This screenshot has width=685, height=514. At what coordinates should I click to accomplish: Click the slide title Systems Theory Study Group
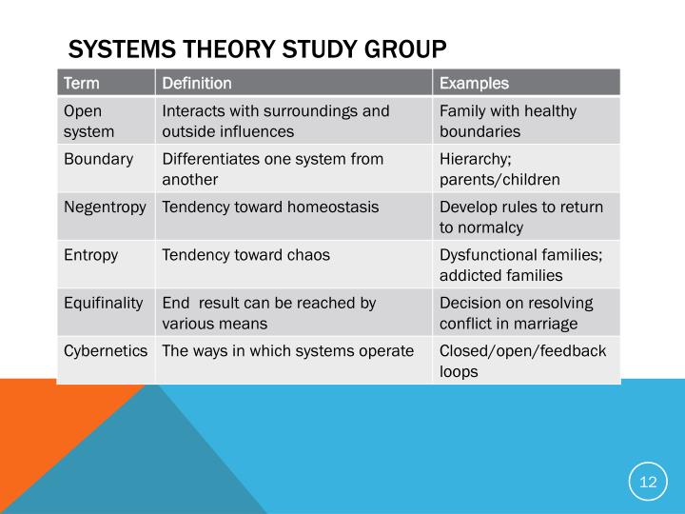pyautogui.click(x=256, y=48)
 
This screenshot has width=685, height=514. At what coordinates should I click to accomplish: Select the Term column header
pyautogui.click(x=82, y=83)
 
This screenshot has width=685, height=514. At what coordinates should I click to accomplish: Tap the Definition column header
pyautogui.click(x=197, y=83)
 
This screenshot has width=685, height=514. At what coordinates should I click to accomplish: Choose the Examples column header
pyautogui.click(x=474, y=83)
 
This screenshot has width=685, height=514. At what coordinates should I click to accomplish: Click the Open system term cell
pyautogui.click(x=88, y=121)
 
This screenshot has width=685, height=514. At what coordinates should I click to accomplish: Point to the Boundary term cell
pyautogui.click(x=98, y=159)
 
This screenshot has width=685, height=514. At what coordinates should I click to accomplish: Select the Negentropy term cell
pyautogui.click(x=105, y=207)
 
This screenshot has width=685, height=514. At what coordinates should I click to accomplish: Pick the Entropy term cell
pyautogui.click(x=91, y=254)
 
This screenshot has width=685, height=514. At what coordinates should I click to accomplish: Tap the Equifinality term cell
pyautogui.click(x=104, y=303)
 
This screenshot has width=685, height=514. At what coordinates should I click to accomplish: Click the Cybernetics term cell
pyautogui.click(x=106, y=350)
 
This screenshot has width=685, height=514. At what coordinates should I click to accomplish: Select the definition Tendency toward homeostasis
pyautogui.click(x=270, y=207)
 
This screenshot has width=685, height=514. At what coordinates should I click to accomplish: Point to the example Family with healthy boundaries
pyautogui.click(x=507, y=121)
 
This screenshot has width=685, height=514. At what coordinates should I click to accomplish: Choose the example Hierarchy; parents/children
pyautogui.click(x=499, y=168)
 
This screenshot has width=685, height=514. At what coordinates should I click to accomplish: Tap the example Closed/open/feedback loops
pyautogui.click(x=522, y=361)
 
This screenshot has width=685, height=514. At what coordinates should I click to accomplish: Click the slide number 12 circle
pyautogui.click(x=648, y=482)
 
